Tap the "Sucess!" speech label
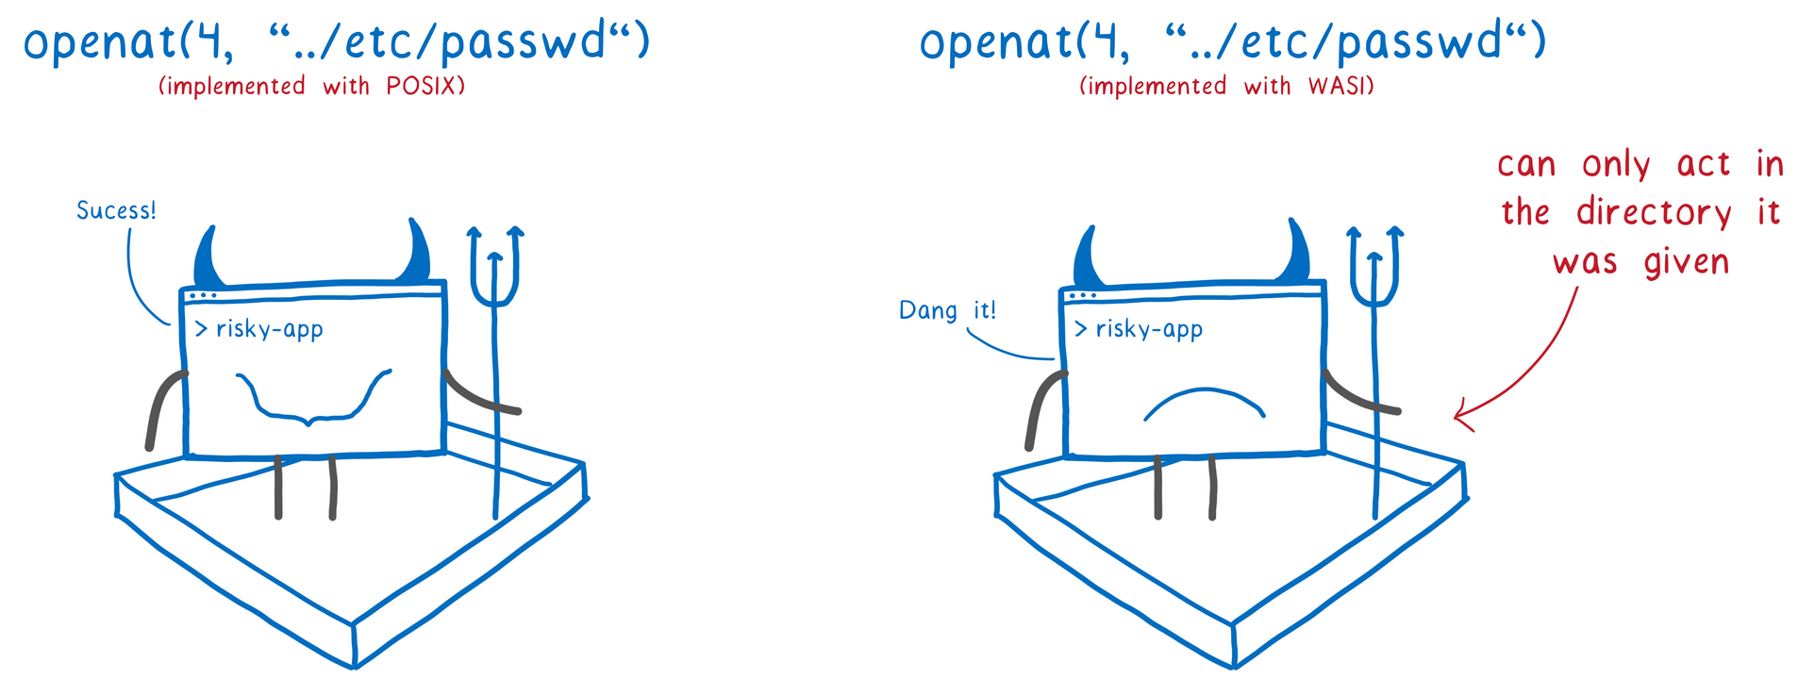(x=116, y=210)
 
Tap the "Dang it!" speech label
(x=947, y=310)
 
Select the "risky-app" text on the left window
(x=270, y=329)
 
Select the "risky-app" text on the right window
(x=1149, y=329)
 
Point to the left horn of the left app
(x=208, y=258)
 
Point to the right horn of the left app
(x=415, y=255)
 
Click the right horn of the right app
(x=1296, y=255)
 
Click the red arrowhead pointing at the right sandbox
(x=1461, y=414)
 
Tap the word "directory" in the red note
(x=1654, y=213)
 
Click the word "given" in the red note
(x=1686, y=262)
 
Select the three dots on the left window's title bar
(x=202, y=296)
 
